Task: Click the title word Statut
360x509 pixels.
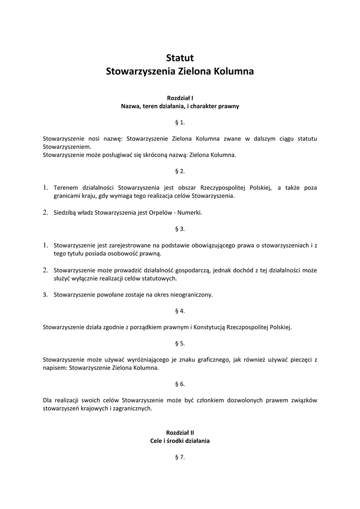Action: coord(180,58)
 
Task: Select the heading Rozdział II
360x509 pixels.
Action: coord(180,432)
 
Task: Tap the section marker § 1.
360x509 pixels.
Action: coord(180,122)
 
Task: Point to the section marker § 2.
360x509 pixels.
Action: coord(180,171)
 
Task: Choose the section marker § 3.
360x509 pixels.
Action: coord(180,229)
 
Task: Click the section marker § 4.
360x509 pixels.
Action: coord(180,311)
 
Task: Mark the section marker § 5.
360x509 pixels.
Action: coord(180,343)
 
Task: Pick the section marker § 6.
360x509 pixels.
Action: coord(180,384)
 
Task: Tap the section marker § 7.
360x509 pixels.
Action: coord(180,457)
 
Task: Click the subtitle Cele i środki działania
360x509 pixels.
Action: coord(180,440)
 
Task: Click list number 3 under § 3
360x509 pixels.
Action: coord(45,295)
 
